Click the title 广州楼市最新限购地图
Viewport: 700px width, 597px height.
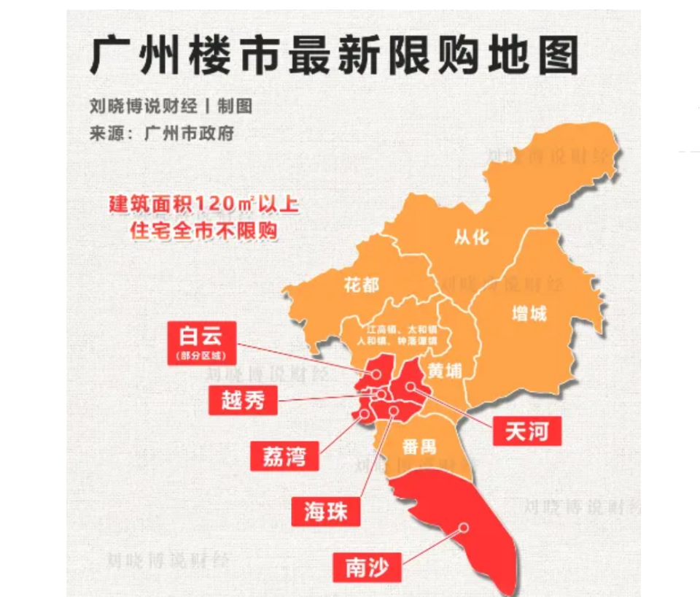(x=334, y=55)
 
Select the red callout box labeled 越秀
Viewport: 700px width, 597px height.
(x=243, y=400)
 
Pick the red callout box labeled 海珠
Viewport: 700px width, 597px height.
(x=326, y=510)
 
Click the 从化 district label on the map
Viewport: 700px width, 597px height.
(x=470, y=237)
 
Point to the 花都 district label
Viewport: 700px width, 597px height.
(x=361, y=285)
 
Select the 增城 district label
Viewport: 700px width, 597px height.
(x=529, y=315)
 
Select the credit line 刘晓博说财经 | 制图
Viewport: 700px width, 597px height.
(x=171, y=107)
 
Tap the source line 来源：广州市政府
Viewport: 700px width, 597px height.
(x=161, y=134)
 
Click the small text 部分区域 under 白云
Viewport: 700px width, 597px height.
(x=201, y=357)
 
